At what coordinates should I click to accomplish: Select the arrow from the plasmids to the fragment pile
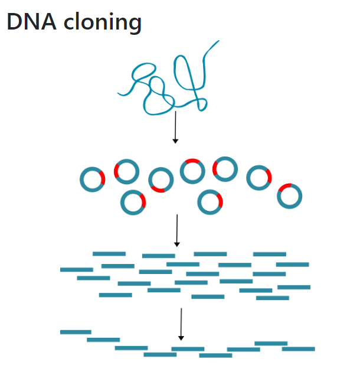(x=176, y=230)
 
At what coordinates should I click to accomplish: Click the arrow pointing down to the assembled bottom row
(x=181, y=324)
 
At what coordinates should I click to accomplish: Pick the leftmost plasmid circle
(x=92, y=179)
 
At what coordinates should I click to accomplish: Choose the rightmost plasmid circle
(x=289, y=196)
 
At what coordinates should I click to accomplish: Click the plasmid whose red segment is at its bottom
(x=160, y=180)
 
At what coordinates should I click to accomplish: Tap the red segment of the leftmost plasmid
(x=102, y=178)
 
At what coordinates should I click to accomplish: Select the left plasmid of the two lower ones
(x=133, y=202)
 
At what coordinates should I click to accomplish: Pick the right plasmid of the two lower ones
(x=210, y=201)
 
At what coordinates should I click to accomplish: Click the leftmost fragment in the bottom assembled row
(x=76, y=332)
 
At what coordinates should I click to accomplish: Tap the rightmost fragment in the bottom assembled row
(x=298, y=349)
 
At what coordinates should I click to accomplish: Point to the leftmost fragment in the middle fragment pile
(x=77, y=269)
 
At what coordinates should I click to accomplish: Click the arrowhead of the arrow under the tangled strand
(x=175, y=141)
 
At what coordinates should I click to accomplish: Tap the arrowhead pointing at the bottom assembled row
(x=181, y=338)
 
